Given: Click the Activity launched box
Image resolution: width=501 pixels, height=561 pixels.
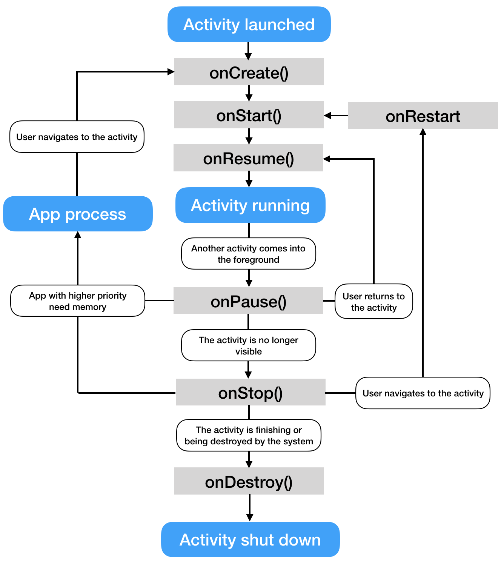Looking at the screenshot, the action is [x=249, y=25].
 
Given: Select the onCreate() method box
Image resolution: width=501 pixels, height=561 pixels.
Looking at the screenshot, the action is [x=249, y=72].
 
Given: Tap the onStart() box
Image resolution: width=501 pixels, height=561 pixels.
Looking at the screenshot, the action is [x=249, y=115].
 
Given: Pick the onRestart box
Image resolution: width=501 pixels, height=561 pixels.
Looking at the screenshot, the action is [x=423, y=115].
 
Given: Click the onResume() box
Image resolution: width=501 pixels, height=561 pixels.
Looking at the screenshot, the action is [x=248, y=158].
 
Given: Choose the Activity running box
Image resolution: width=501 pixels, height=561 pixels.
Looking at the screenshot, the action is [x=250, y=205].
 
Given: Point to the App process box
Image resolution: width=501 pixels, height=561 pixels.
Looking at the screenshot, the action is [x=78, y=214].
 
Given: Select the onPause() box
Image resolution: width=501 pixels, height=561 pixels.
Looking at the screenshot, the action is [x=248, y=301].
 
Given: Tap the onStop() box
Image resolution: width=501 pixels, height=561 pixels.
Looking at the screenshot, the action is [x=250, y=392].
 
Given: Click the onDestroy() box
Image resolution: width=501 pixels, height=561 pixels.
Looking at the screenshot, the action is [x=249, y=481].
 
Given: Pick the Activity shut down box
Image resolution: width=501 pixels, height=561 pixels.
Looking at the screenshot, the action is [x=250, y=539].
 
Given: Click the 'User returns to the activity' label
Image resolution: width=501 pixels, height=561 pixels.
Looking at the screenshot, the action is [x=373, y=301].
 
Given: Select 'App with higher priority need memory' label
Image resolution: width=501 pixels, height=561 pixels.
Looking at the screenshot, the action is [x=77, y=301].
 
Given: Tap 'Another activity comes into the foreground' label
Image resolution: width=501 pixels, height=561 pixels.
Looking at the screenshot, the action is [x=248, y=254].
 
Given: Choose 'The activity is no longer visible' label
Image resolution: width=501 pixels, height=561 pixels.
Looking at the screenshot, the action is [x=248, y=345].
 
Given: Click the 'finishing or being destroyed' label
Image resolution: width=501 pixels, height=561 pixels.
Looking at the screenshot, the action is [x=249, y=435].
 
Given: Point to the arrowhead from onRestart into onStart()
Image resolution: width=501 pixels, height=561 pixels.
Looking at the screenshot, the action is [x=327, y=116].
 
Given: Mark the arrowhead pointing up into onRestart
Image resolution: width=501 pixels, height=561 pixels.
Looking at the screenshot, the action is [x=423, y=132].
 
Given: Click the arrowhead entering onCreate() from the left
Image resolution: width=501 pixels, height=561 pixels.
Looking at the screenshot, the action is [x=171, y=72].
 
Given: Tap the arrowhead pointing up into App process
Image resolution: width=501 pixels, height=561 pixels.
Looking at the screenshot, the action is [x=78, y=235].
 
